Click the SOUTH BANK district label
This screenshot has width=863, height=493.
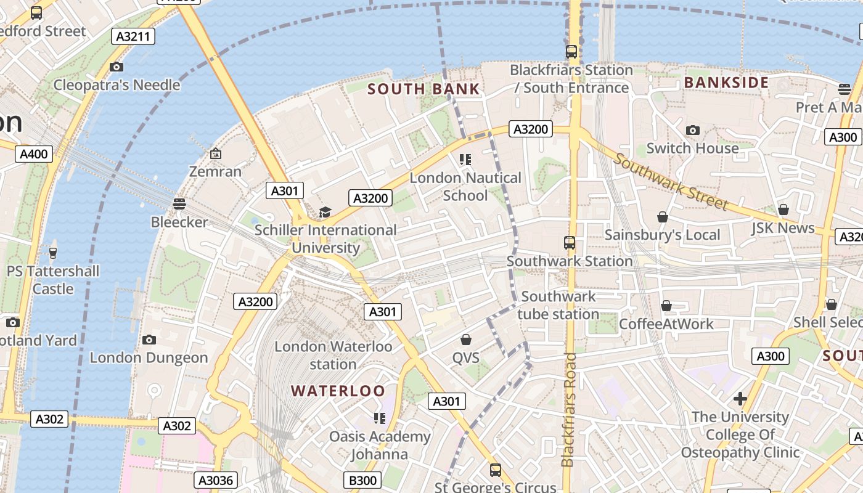(x=423, y=89)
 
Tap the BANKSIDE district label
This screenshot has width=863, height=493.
(x=726, y=83)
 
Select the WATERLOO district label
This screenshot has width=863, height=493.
(x=338, y=391)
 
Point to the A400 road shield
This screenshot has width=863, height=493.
(x=34, y=154)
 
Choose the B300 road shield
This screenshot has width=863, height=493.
(x=362, y=480)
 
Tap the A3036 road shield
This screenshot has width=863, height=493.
(x=215, y=480)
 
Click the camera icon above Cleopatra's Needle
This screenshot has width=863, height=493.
(x=116, y=67)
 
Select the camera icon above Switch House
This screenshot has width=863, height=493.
(x=692, y=130)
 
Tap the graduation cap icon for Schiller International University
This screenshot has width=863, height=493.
(x=325, y=213)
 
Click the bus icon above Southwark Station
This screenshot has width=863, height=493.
(x=570, y=243)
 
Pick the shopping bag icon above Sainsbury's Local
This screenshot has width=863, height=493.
(x=662, y=217)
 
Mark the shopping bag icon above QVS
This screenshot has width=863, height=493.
(x=466, y=340)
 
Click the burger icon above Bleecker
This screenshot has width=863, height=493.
(x=179, y=203)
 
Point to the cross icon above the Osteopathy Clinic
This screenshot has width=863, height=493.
(x=740, y=399)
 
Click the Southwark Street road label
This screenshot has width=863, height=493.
(x=671, y=182)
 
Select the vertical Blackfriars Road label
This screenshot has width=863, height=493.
(x=568, y=410)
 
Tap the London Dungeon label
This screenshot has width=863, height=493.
(x=149, y=357)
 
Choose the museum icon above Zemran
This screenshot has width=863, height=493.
(x=215, y=153)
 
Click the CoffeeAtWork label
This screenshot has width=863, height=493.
(x=666, y=324)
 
